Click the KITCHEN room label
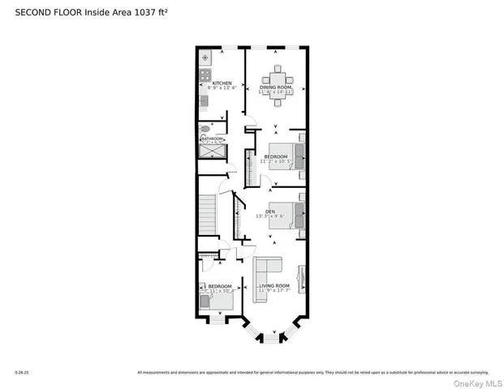click(x=222, y=83)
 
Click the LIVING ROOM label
click(x=274, y=286)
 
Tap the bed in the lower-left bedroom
click(x=221, y=300)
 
